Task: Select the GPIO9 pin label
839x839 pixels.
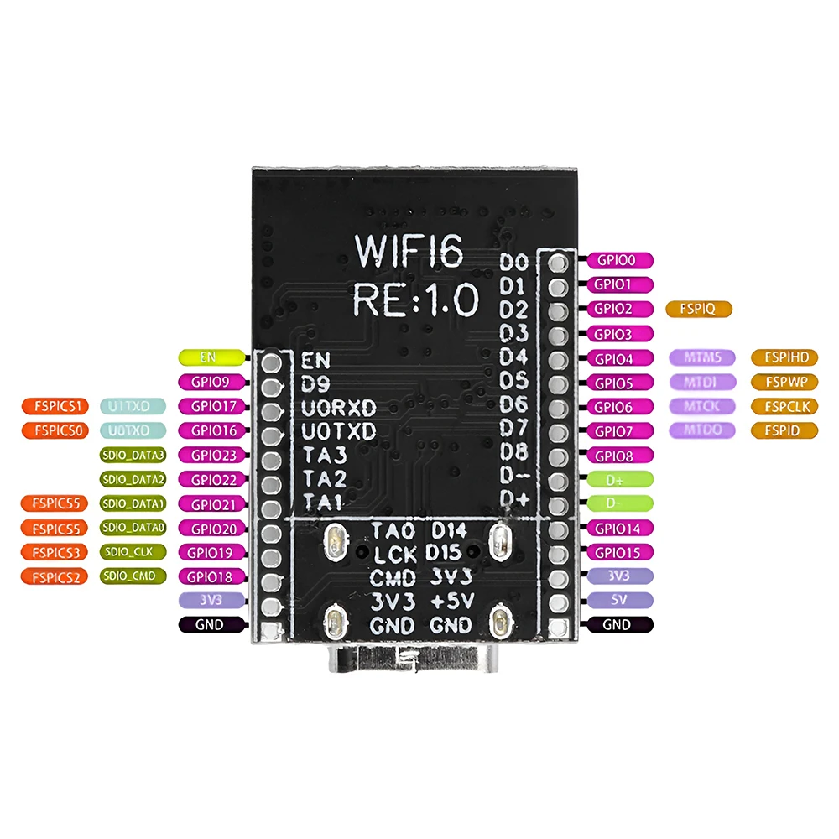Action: [x=211, y=382]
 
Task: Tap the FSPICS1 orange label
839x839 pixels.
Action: [x=54, y=407]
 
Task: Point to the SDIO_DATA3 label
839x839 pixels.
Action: [x=133, y=456]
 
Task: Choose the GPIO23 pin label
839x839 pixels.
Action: [x=211, y=456]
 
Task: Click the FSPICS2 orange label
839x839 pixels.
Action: [x=54, y=576]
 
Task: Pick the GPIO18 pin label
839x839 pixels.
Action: [x=211, y=576]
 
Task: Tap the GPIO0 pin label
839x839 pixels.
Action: [x=622, y=260]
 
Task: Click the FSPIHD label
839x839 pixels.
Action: [x=785, y=357]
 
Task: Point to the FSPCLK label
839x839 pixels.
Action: [x=785, y=407]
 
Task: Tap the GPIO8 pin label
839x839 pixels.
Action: [x=622, y=456]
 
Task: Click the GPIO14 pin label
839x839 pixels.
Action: [x=622, y=529]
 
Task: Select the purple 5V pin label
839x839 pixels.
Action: [x=622, y=600]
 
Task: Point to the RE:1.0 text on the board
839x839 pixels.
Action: [x=415, y=298]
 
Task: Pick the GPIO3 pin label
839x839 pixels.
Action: [x=622, y=334]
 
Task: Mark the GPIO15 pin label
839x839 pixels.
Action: [x=622, y=553]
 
